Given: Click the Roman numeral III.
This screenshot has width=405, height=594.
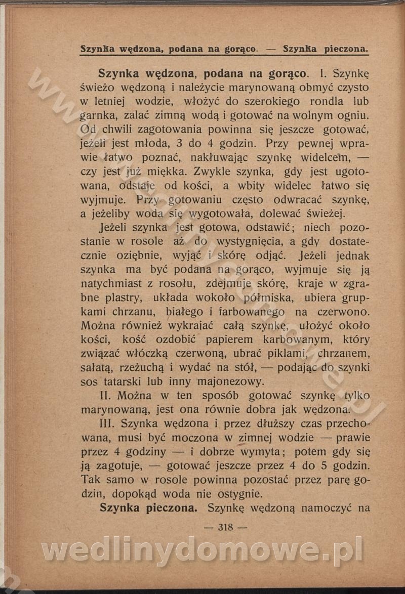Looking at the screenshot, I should point(110,423).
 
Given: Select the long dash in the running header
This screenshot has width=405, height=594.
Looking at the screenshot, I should point(270,50).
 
